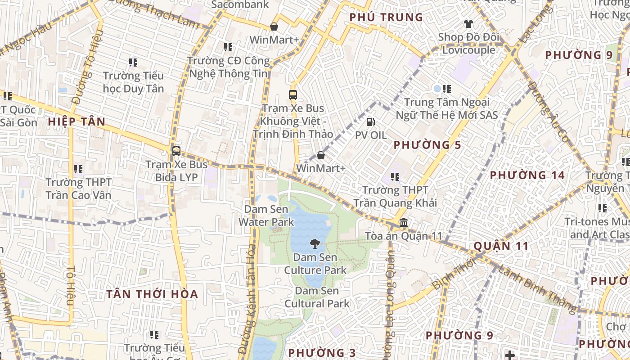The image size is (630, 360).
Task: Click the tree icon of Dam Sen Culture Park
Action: pyautogui.click(x=315, y=244)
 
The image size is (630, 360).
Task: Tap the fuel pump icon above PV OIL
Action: pyautogui.click(x=370, y=121)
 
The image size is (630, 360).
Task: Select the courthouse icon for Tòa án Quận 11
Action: pyautogui.click(x=404, y=223)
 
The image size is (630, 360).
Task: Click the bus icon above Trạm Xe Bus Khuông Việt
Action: pyautogui.click(x=292, y=95)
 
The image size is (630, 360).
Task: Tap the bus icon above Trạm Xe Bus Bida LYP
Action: pyautogui.click(x=176, y=151)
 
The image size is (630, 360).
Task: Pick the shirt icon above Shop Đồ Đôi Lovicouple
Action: pyautogui.click(x=468, y=24)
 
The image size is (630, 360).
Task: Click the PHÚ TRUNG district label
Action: pyautogui.click(x=386, y=18)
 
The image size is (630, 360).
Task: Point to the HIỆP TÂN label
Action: pyautogui.click(x=76, y=121)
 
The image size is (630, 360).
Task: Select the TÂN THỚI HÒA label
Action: pyautogui.click(x=152, y=294)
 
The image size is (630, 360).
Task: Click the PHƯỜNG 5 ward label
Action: pyautogui.click(x=427, y=145)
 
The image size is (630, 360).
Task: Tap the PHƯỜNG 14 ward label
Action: pyautogui.click(x=527, y=175)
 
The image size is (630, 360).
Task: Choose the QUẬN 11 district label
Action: pyautogui.click(x=500, y=246)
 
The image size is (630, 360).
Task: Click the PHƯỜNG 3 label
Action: pyautogui.click(x=322, y=352)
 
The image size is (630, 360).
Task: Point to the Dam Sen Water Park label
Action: pyautogui.click(x=266, y=216)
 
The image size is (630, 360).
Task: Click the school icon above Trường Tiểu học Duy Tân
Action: pyautogui.click(x=133, y=63)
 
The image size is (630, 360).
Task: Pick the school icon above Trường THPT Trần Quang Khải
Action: pyautogui.click(x=395, y=177)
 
